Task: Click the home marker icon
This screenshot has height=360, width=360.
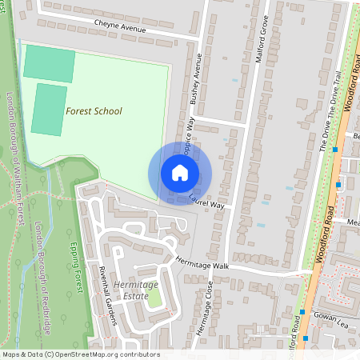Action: pyautogui.click(x=180, y=172)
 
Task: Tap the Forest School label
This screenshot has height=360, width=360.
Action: pyautogui.click(x=94, y=111)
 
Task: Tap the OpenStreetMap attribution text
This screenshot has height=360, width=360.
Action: pyautogui.click(x=80, y=354)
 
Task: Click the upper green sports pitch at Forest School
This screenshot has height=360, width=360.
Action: pyautogui.click(x=50, y=63)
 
